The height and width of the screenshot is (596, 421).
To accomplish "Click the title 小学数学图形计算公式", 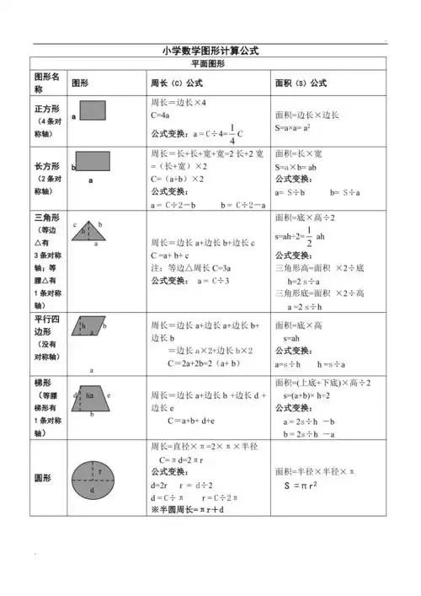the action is click(x=210, y=51).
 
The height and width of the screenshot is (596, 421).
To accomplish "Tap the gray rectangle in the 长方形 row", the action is click(x=93, y=162).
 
